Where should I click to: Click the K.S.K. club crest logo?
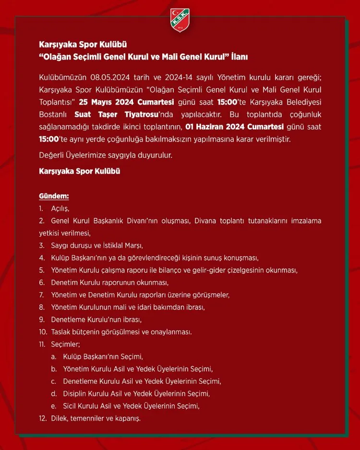(180, 20)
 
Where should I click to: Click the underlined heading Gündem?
(54, 196)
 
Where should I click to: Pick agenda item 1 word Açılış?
(60, 209)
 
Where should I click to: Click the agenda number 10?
(43, 332)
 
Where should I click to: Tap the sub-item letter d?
(53, 394)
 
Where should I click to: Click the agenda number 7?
(42, 294)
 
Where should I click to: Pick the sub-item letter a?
(53, 356)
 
